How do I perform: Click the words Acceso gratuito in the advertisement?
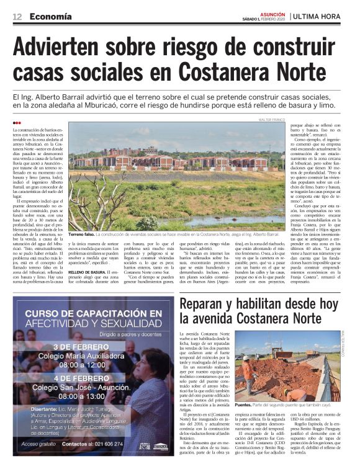click(40, 444)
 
